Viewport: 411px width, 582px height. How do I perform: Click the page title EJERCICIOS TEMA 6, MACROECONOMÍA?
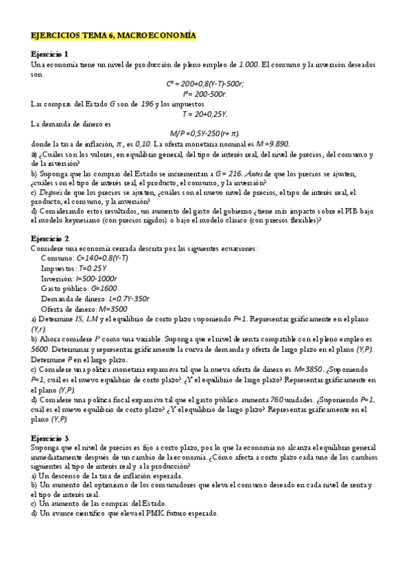pos(113,35)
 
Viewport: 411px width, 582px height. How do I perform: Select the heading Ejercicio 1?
pos(49,54)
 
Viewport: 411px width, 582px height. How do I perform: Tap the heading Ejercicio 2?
pos(49,238)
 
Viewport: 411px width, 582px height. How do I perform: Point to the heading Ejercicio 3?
pos(49,437)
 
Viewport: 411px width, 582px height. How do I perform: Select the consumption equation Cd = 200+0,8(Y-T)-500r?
pos(205,84)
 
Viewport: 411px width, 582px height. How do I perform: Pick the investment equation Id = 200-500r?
pos(205,93)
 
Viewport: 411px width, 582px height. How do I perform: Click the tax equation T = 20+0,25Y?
pos(205,113)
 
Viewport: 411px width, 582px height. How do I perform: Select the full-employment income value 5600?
pos(39,349)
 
